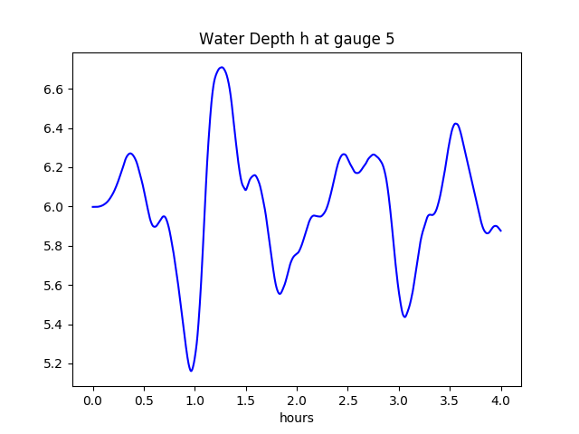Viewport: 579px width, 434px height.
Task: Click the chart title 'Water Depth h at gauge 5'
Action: (x=297, y=39)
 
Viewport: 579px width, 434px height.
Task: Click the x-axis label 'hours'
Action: (x=297, y=419)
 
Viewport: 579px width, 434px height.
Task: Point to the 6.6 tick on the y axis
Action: (x=55, y=90)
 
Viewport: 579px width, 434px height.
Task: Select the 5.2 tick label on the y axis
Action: (x=55, y=364)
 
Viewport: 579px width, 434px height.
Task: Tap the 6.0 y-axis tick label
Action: (x=55, y=207)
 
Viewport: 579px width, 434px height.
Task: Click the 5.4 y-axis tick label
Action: (x=55, y=325)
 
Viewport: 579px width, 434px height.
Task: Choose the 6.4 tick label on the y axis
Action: (x=55, y=128)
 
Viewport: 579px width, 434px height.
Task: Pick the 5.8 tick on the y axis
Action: (x=55, y=247)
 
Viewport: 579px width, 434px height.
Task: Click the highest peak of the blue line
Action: (x=222, y=67)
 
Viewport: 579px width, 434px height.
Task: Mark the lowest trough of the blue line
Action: (x=191, y=371)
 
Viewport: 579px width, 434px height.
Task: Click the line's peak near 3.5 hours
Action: (x=456, y=123)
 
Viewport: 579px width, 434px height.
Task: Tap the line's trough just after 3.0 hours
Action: (x=404, y=316)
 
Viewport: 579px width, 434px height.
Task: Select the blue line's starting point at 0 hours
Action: (x=93, y=207)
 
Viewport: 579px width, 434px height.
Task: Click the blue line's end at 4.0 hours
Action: (x=500, y=231)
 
